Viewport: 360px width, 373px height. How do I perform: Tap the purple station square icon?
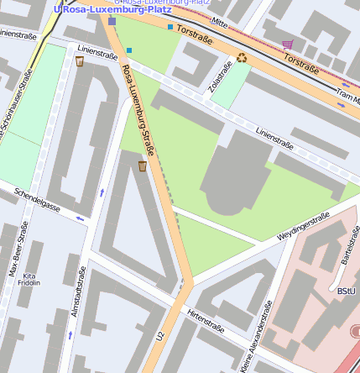pyautogui.click(x=112, y=21)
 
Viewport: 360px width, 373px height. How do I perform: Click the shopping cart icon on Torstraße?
pyautogui.click(x=288, y=45)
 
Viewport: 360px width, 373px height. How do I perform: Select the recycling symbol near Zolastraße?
pyautogui.click(x=242, y=57)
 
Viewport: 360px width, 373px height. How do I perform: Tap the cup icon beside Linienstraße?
pyautogui.click(x=80, y=60)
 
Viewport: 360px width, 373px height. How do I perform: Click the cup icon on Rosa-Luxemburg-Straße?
pyautogui.click(x=142, y=165)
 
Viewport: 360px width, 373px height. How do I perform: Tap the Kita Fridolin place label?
pyautogui.click(x=29, y=280)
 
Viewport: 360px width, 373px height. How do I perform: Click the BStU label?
pyautogui.click(x=345, y=291)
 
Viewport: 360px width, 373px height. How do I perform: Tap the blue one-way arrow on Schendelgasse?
pyautogui.click(x=81, y=218)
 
